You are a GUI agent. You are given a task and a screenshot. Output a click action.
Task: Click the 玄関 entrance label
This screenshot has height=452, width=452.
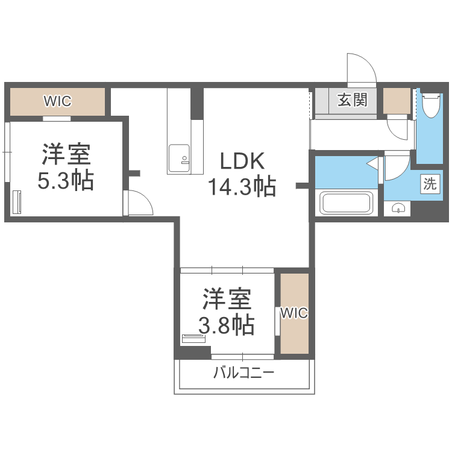352,100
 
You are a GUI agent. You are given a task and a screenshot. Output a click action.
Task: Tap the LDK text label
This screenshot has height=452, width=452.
242,161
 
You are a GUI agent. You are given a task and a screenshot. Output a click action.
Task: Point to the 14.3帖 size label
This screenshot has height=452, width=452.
242,187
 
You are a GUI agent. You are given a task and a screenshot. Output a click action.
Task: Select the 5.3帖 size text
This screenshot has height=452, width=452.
66,181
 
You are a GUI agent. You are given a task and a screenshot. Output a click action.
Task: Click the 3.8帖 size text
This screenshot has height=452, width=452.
227,325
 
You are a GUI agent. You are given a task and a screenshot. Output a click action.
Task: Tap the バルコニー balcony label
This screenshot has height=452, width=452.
244,372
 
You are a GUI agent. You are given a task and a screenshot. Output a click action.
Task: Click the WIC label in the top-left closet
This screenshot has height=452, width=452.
57,101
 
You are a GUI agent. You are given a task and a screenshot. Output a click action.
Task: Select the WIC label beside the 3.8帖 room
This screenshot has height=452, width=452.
294,313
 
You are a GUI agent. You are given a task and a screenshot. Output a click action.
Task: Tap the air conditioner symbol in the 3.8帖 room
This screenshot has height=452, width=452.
194,339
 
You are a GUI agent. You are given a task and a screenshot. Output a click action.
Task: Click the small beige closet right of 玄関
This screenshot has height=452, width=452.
397,100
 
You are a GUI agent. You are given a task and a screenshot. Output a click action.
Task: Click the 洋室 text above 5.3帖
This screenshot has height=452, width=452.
66,155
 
